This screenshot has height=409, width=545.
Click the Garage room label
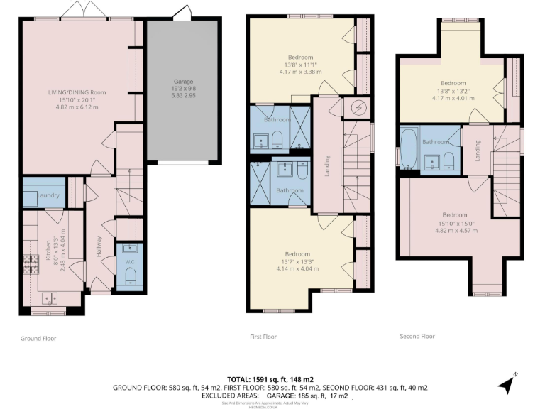(x=183, y=82)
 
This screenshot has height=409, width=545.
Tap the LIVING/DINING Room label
(x=77, y=93)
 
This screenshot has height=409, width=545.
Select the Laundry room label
(x=47, y=196)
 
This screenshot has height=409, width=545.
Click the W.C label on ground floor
(x=130, y=261)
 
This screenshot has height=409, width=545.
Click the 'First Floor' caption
(x=263, y=337)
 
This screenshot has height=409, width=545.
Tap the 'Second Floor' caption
(x=418, y=336)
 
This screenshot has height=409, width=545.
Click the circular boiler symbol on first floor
(x=357, y=108)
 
